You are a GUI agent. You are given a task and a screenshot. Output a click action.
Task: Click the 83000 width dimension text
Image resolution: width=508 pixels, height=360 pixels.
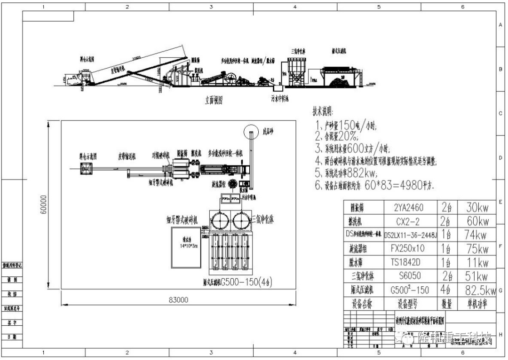click(178, 299)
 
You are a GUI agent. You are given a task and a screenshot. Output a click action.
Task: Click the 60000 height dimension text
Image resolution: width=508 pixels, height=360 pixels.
click(43, 205)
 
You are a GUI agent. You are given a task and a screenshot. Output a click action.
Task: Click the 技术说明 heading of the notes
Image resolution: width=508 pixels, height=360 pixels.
click(322, 112)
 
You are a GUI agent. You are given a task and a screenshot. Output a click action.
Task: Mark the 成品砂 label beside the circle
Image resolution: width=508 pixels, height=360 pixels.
click(268, 132)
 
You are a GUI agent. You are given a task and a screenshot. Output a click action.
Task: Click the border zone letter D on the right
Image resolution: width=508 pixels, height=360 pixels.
click(500, 158)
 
